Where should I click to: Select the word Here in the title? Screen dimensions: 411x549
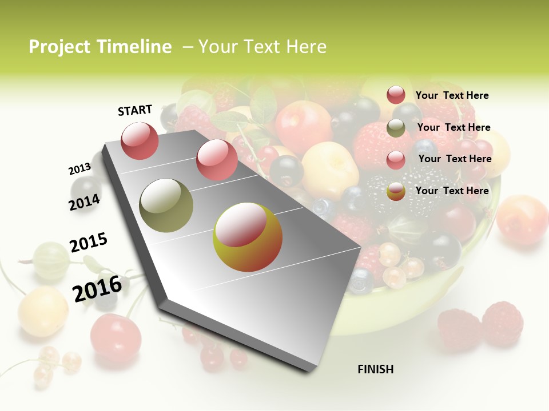click(x=306, y=47)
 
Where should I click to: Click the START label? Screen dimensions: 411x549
click(x=135, y=110)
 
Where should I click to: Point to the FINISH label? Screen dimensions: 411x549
click(x=375, y=369)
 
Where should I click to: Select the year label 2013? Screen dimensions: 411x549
click(x=79, y=169)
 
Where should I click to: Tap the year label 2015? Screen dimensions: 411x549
click(x=89, y=243)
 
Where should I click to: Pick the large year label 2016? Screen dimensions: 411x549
click(x=97, y=289)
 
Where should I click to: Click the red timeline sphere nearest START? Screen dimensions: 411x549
click(x=140, y=141)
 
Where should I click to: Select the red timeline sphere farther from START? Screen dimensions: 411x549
click(x=217, y=160)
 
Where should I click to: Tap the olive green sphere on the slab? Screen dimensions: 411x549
click(x=166, y=205)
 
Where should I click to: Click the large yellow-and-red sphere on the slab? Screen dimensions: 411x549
click(x=248, y=237)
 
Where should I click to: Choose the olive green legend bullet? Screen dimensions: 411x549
click(x=396, y=128)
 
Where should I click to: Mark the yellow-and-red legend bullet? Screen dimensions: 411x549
click(x=396, y=192)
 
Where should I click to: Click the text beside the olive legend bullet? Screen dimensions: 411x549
click(x=453, y=127)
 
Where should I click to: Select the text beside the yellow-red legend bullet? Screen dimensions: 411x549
click(x=452, y=191)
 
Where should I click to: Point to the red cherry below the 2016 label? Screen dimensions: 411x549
click(x=116, y=337)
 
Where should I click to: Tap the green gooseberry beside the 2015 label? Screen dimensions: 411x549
click(x=50, y=260)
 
